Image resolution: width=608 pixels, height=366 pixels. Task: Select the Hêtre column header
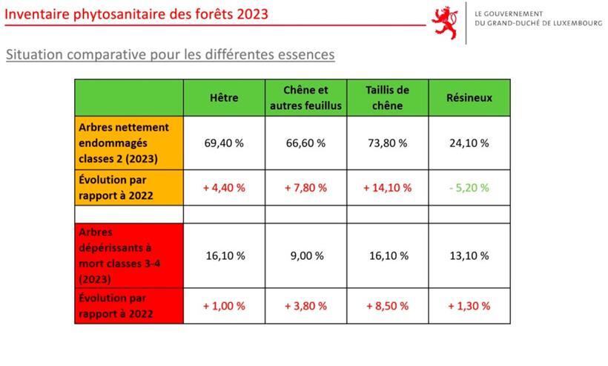pyautogui.click(x=224, y=97)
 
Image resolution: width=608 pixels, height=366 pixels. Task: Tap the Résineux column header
pyautogui.click(x=469, y=97)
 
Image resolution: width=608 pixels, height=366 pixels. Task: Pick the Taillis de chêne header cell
pyautogui.click(x=387, y=97)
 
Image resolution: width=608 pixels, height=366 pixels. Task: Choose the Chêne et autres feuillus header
pyautogui.click(x=305, y=97)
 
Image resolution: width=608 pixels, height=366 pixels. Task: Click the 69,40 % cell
pyautogui.click(x=224, y=143)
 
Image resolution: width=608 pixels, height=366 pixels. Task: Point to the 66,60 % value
pyautogui.click(x=305, y=143)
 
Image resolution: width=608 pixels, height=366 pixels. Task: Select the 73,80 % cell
pyautogui.click(x=387, y=143)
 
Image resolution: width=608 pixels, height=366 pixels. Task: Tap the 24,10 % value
pyautogui.click(x=469, y=143)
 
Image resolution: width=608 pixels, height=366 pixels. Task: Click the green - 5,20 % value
pyautogui.click(x=469, y=188)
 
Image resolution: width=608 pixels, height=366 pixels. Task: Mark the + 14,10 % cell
pyautogui.click(x=387, y=188)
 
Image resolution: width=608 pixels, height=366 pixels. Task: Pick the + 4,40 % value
pyautogui.click(x=224, y=188)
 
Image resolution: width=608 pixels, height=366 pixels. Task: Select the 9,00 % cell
pyautogui.click(x=305, y=256)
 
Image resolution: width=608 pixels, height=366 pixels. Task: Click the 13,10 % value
pyautogui.click(x=469, y=256)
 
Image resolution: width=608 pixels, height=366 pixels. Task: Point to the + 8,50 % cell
pyautogui.click(x=387, y=305)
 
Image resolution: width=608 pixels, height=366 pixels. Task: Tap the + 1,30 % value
pyautogui.click(x=469, y=305)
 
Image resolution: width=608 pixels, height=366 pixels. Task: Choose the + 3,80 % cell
pyautogui.click(x=305, y=305)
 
